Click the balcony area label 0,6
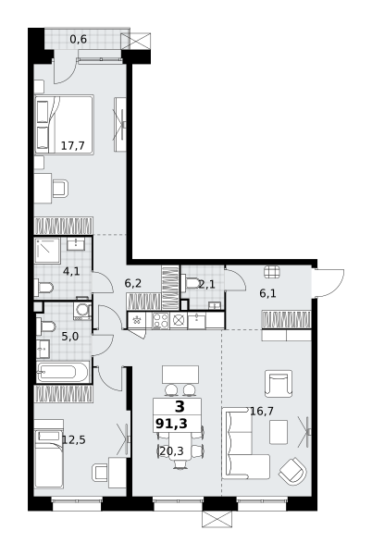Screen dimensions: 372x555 coord(78,39)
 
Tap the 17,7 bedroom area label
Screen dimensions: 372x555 coord(72,145)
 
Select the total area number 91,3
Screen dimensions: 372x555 coord(171,423)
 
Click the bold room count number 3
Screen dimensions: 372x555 coord(180,407)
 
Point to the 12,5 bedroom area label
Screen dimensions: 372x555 coord(74,440)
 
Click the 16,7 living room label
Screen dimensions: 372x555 coord(262,412)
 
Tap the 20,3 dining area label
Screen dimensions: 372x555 coord(172,451)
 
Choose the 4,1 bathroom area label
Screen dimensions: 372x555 coord(71,271)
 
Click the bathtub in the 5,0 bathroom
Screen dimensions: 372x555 coord(63,372)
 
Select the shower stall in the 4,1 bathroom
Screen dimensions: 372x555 coord(47,251)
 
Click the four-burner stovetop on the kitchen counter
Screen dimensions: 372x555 coord(160,321)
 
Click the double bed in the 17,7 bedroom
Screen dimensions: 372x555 coord(64,125)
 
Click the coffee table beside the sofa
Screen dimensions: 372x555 coord(279,432)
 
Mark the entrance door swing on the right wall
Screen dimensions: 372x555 coord(329,283)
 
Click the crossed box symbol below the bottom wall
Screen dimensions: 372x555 coord(217,519)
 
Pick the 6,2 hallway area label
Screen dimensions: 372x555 coord(133,283)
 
